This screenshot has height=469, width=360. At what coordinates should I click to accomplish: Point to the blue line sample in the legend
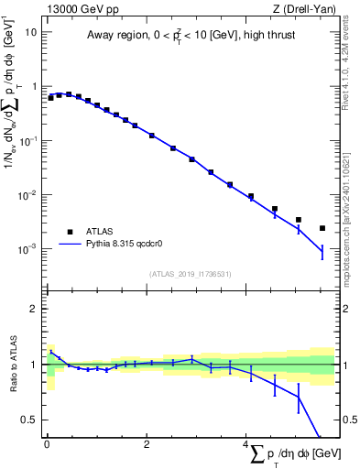point(70,245)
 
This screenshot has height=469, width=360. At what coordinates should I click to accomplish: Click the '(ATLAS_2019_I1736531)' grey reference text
point(190,274)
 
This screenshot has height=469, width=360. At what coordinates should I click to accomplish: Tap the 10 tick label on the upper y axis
point(30,31)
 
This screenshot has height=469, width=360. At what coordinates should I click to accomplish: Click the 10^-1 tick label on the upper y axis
point(28,140)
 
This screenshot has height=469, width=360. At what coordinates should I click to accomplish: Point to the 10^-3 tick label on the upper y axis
point(28,249)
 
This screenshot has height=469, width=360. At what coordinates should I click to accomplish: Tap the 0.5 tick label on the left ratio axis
point(30,420)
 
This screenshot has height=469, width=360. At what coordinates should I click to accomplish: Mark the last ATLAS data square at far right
point(322,228)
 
